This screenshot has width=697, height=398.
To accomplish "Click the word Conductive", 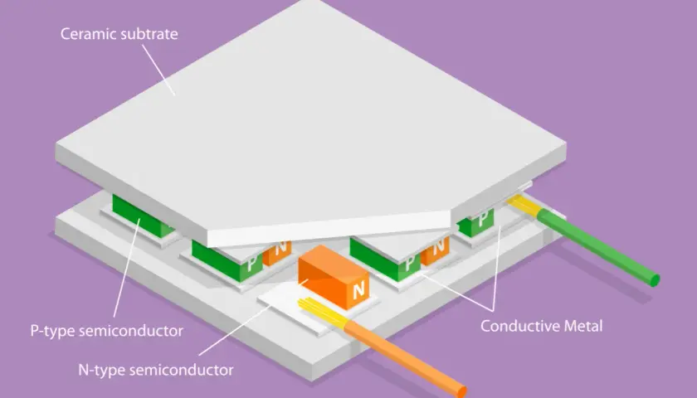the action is coord(520,326).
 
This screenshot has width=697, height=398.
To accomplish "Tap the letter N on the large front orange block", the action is coord(358,291).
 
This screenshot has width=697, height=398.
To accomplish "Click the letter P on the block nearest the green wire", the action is coord(482,219).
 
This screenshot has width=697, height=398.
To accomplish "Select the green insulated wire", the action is coord(598,247).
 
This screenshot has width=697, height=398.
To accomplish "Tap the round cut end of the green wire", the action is coord(655,281).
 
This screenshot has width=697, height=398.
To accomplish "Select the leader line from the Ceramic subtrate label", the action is coord(158,70).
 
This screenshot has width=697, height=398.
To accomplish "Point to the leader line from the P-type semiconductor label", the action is coord(127,267).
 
